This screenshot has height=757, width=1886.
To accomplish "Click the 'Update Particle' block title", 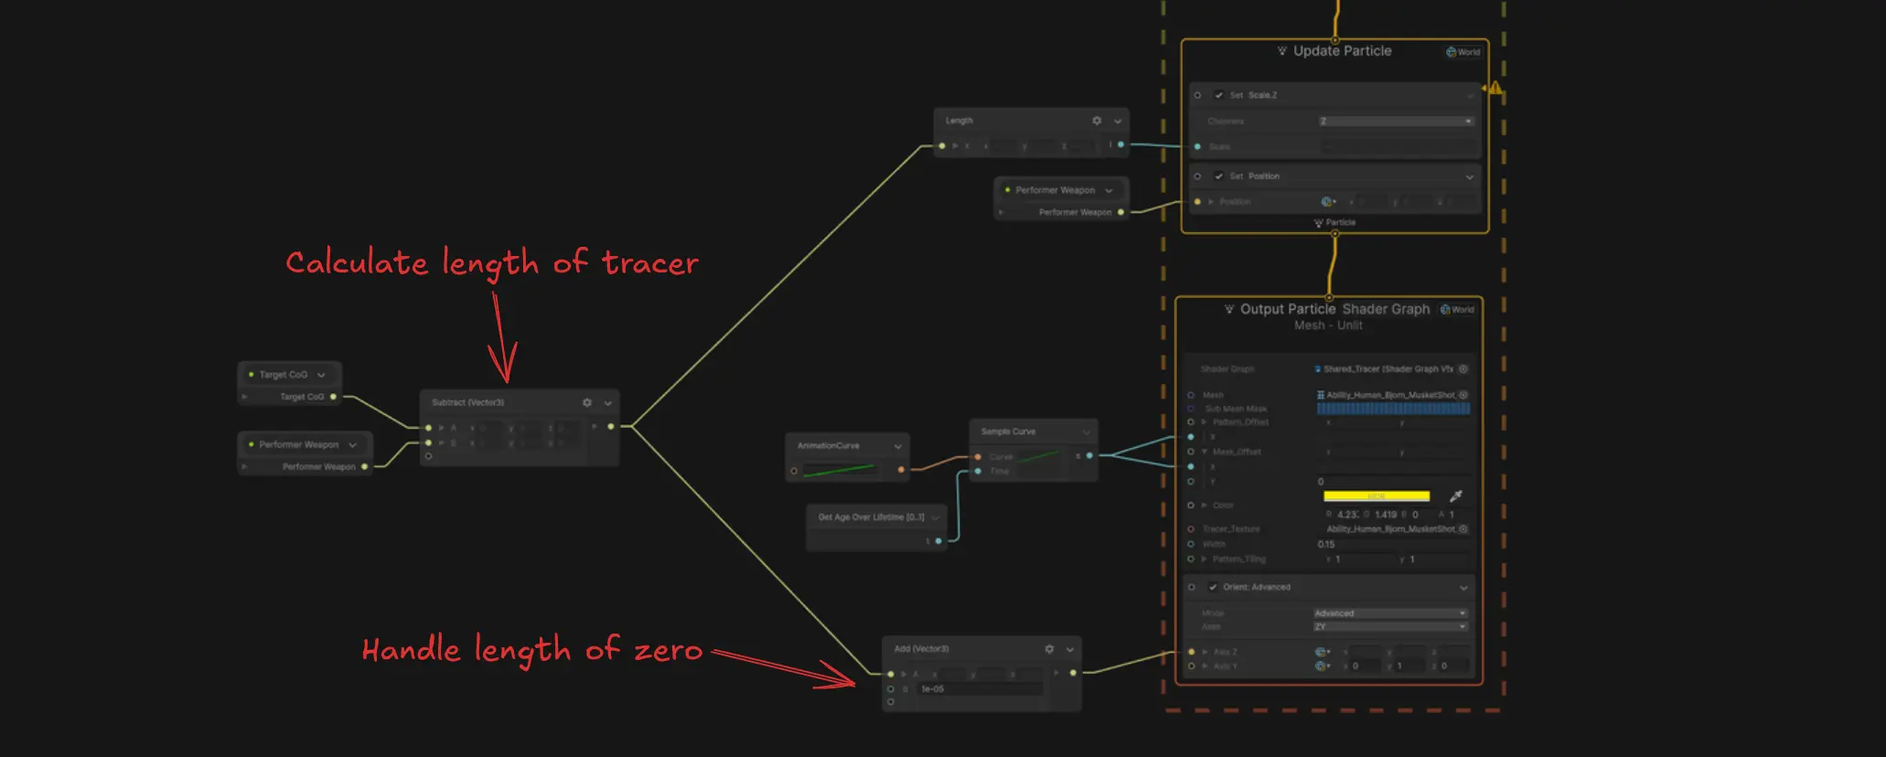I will tap(1342, 51).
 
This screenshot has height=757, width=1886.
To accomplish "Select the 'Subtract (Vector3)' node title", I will tap(467, 402).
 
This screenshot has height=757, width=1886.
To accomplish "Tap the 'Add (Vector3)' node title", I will tap(921, 649).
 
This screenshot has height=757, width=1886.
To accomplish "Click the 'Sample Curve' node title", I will tap(1008, 432).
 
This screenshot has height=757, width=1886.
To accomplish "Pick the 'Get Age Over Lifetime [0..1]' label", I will tap(871, 517).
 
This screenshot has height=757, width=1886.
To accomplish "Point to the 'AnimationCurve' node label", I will tap(828, 446).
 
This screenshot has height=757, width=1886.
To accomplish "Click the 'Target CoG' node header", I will tap(283, 375).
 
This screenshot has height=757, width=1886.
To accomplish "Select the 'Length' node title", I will tap(959, 121).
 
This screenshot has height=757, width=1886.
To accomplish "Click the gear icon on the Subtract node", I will tap(587, 402).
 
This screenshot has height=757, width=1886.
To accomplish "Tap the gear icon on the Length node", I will tap(1097, 121).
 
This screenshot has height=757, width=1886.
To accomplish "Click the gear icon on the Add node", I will tap(1049, 649).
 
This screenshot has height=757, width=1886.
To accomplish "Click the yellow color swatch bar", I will tap(1376, 496).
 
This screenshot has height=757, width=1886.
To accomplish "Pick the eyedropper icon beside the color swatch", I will tap(1456, 496).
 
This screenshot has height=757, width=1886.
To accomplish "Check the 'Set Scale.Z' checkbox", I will tap(1218, 95).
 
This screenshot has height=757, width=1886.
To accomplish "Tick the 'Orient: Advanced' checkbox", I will tap(1213, 587).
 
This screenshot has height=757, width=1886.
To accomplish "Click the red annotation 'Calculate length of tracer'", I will tap(491, 263).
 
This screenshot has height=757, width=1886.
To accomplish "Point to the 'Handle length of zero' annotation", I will tap(531, 650).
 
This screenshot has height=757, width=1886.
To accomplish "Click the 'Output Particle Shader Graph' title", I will tap(1334, 309).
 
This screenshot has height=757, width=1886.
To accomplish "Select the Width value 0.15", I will tap(1326, 544).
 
